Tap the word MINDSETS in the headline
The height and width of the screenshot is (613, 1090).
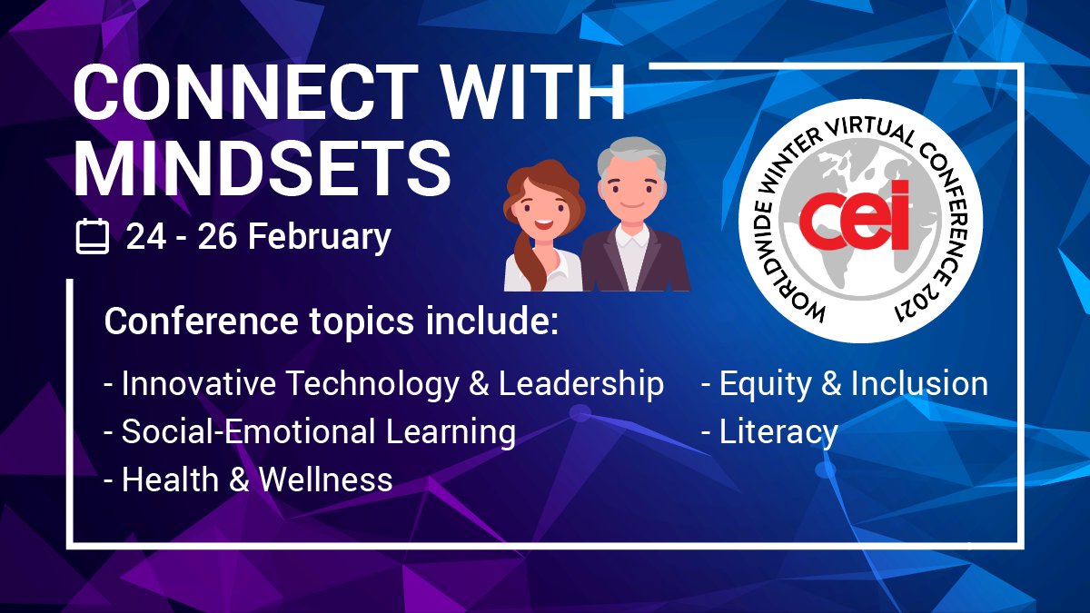point(263,170)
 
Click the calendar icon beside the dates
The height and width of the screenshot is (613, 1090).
point(92,238)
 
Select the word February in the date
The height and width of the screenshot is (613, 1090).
point(320,238)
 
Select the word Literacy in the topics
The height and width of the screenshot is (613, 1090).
point(778,432)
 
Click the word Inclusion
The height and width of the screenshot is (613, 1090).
point(919,384)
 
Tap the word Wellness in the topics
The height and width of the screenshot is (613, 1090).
point(326,480)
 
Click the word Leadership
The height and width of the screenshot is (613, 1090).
point(581,384)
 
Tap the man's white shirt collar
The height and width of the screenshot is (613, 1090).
point(632,238)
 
